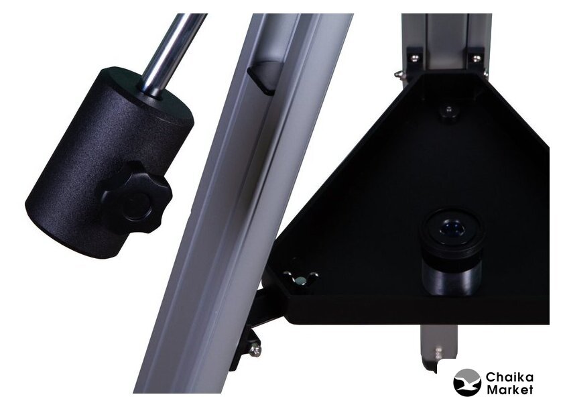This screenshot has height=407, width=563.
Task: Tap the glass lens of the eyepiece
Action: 452,227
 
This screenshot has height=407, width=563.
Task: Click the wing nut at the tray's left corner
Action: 301,278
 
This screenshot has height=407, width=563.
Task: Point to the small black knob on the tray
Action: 448,112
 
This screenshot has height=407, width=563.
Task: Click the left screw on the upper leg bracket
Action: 414,58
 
